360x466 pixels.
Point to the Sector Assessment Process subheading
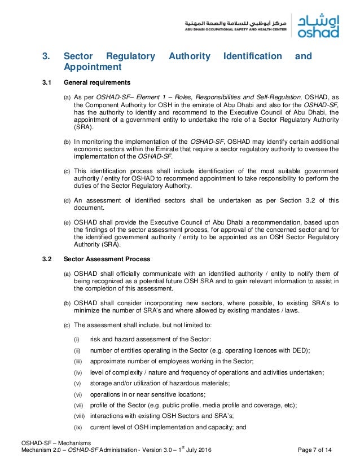(x=107, y=260)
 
